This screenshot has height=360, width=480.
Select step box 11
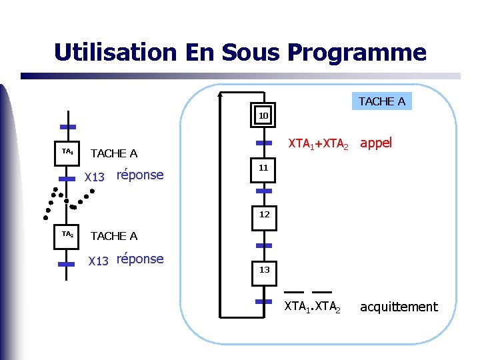(x=264, y=169)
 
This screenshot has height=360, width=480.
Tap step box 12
(x=264, y=215)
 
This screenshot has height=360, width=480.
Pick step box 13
(x=264, y=270)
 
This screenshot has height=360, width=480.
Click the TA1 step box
(x=67, y=153)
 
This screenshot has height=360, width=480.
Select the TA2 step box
(x=67, y=235)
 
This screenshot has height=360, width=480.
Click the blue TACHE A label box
(x=381, y=101)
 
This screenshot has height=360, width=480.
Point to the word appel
(x=376, y=143)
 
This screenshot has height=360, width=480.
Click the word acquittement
(x=399, y=307)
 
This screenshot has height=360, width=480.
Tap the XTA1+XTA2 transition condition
(x=317, y=143)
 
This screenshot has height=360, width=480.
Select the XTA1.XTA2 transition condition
(x=312, y=307)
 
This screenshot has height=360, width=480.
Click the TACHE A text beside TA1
(x=113, y=154)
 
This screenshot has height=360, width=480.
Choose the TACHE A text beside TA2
(x=113, y=236)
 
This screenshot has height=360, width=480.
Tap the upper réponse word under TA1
(x=139, y=175)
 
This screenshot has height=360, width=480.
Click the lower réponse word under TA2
(x=139, y=259)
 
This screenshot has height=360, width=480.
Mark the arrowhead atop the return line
(x=221, y=95)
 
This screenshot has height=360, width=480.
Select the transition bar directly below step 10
(x=264, y=143)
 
